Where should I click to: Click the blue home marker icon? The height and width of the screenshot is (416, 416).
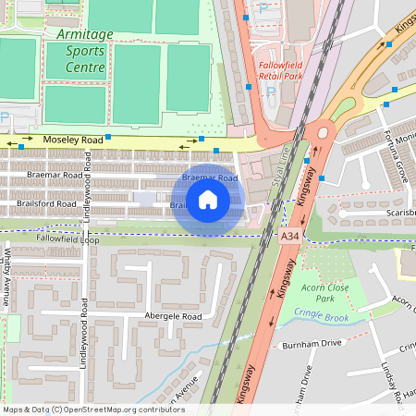pyautogui.click(x=208, y=199)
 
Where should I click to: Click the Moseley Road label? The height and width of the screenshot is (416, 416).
pyautogui.click(x=73, y=140)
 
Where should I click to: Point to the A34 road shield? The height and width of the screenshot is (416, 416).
pyautogui.click(x=290, y=237)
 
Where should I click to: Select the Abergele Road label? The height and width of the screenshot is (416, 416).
pyautogui.click(x=173, y=316)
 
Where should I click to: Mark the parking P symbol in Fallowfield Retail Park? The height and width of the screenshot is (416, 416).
pyautogui.click(x=263, y=8)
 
